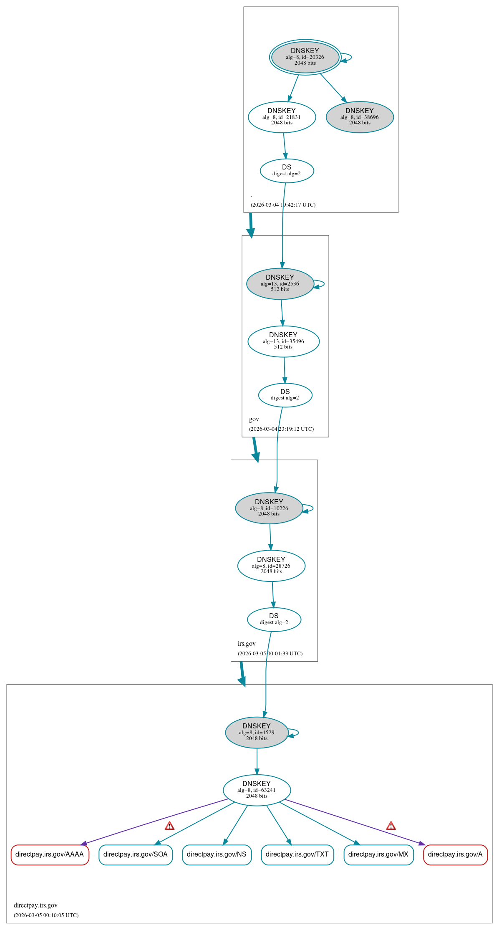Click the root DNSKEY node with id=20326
pos(305,57)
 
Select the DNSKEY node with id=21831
pos(282,117)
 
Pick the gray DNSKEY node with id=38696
pos(360,117)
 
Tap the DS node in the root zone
pos(287,171)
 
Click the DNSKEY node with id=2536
pos(280,283)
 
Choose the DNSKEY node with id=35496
pos(283,341)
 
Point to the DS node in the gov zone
pos(285,395)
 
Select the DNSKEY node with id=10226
pos(269,508)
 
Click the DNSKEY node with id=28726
pos(271,566)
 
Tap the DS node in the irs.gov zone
pos(274,619)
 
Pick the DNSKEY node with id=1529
pos(257,733)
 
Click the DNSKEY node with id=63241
pos(257,790)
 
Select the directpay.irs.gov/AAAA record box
pos(50,854)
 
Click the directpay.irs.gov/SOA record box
pos(136,854)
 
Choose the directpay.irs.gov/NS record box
pos(217,854)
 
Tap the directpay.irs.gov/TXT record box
pos(297,854)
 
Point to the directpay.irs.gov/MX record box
pos(378,854)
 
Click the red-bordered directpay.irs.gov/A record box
pos(455,854)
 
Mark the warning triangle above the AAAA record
pos(169,826)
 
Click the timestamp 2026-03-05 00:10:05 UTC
pos(46,915)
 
